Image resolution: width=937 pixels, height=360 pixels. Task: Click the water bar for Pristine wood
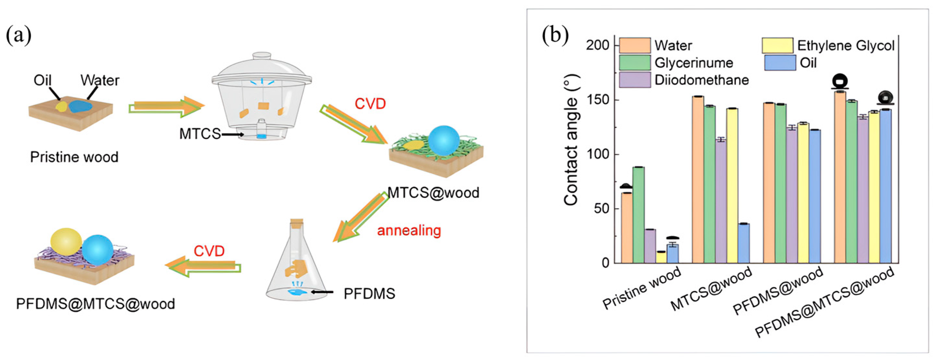click(x=626, y=228)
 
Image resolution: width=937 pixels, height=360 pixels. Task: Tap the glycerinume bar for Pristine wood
click(x=638, y=214)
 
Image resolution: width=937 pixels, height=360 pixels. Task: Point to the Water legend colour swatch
click(x=635, y=46)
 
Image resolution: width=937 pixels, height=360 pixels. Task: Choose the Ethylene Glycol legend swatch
click(x=777, y=46)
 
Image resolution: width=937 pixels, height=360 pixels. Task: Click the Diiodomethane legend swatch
click(x=635, y=80)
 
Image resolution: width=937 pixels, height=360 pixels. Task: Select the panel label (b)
click(x=555, y=35)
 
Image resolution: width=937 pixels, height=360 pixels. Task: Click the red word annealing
click(x=409, y=231)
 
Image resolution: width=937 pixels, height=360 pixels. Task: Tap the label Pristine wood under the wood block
click(x=74, y=157)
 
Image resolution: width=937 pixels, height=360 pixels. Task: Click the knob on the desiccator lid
click(x=262, y=56)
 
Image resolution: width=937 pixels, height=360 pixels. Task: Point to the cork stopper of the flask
click(x=297, y=221)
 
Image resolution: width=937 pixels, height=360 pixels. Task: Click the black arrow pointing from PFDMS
click(x=322, y=292)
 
